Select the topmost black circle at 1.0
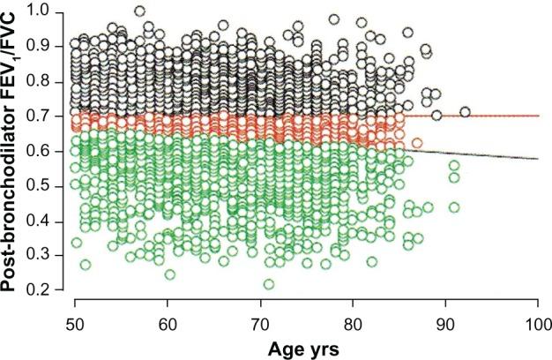point(139,11)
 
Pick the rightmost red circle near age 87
point(417,142)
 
